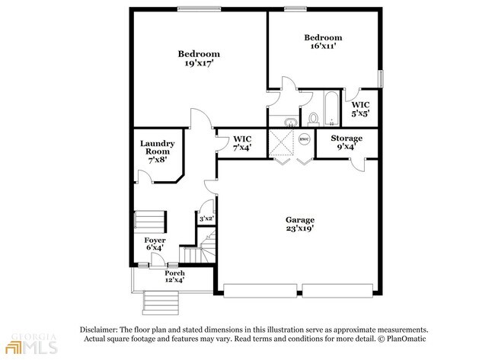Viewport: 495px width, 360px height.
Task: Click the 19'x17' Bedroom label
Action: [199, 59]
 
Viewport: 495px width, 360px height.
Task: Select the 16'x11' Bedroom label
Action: [323, 43]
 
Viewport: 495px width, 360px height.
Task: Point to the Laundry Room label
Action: [158, 148]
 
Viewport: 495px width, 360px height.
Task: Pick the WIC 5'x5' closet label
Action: [360, 109]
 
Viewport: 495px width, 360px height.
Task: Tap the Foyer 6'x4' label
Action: [155, 244]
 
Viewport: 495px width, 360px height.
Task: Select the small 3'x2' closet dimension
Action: [206, 218]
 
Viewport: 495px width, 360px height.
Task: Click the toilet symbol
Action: [313, 119]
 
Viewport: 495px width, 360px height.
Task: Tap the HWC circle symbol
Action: [304, 139]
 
